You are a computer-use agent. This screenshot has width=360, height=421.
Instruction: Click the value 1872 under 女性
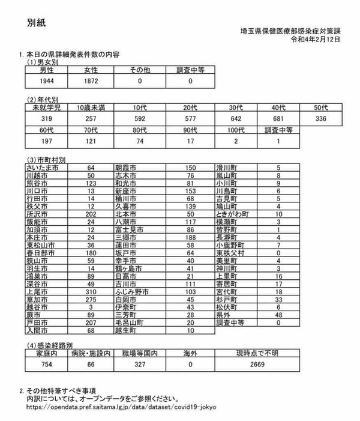coord(92,80)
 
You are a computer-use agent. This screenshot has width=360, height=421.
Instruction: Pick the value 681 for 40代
coord(277,118)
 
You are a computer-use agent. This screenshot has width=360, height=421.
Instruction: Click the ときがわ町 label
coord(232,213)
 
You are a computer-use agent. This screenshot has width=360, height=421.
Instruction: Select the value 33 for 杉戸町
coord(278,298)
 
